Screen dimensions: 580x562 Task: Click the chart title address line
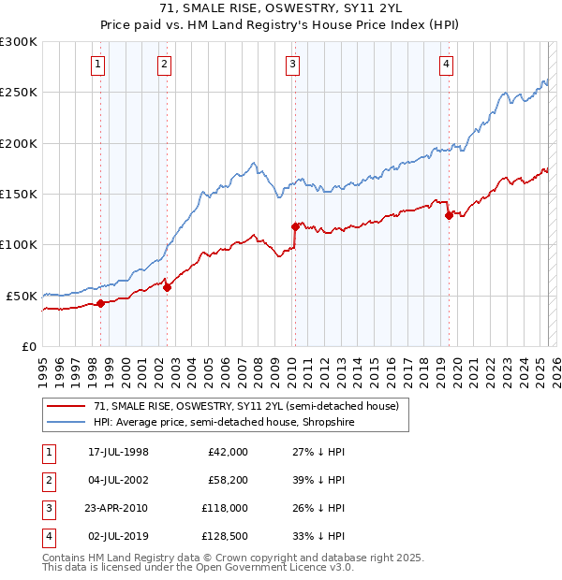click(x=280, y=8)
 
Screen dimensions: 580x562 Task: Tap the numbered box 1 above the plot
click(x=98, y=64)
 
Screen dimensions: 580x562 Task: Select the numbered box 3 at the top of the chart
click(x=293, y=64)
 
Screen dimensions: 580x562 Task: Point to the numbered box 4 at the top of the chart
click(x=447, y=64)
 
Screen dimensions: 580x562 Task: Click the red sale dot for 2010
click(x=295, y=226)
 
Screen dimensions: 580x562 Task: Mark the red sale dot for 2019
click(x=449, y=216)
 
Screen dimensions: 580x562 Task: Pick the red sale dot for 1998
click(x=100, y=303)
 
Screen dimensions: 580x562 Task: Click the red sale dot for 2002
click(x=167, y=287)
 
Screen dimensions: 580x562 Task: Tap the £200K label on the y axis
click(x=20, y=143)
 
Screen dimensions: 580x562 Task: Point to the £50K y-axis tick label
click(x=23, y=296)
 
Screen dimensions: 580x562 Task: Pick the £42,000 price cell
click(x=228, y=451)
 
